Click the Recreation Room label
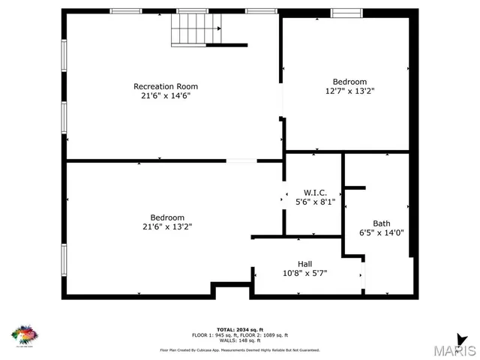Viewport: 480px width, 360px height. pos(166,86)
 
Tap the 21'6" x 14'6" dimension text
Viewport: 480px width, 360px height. pos(166,96)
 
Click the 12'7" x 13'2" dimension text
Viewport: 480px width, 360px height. pos(349,91)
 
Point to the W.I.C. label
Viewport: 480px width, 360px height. pos(315,193)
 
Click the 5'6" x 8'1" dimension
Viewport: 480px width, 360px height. pos(315,202)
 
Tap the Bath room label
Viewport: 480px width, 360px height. pos(381,223)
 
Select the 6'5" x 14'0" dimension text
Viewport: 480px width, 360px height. pos(381,232)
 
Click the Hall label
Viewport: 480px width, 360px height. pos(305,264)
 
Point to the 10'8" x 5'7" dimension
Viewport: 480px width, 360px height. pos(305,273)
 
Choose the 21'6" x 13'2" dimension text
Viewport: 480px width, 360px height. pos(167,227)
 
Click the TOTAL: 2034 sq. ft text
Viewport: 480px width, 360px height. pos(240,330)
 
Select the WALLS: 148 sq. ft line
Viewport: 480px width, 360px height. pos(240,340)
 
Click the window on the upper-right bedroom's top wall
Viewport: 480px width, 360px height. pos(346,13)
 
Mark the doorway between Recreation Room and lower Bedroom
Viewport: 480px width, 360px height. pos(241,160)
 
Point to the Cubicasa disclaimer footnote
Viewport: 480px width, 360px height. pos(240,350)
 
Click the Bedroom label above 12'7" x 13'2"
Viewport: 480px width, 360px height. pos(349,82)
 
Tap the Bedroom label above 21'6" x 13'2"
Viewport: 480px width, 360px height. pos(167,218)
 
